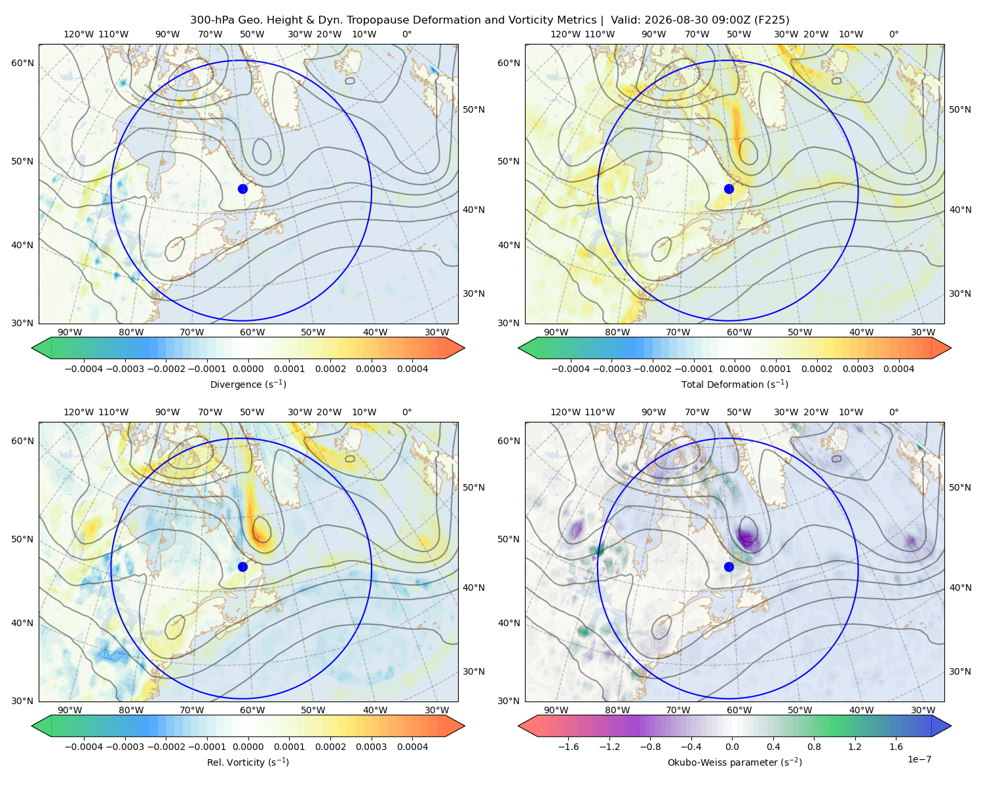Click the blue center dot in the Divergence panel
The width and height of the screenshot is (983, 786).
point(242,189)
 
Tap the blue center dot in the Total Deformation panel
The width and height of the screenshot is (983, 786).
point(729,189)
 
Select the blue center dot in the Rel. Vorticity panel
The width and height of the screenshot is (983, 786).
point(242,567)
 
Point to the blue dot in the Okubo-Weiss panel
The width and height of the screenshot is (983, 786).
point(729,567)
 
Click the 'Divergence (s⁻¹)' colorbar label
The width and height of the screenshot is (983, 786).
point(248,384)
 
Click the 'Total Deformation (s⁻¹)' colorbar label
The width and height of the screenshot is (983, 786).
point(735,384)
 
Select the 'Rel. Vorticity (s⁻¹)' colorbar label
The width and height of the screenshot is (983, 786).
point(248,762)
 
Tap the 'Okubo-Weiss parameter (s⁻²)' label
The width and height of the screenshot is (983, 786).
point(735,762)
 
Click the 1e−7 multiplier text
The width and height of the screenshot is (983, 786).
point(919,759)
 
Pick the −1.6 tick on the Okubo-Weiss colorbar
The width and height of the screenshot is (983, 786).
point(569,747)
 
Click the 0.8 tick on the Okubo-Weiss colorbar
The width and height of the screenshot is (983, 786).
point(814,747)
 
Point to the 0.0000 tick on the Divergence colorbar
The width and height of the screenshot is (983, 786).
point(248,369)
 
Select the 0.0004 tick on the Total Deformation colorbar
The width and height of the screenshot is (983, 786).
point(898,369)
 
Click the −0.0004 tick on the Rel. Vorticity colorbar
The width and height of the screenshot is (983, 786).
point(84,747)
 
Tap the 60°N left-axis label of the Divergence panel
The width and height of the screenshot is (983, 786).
point(22,63)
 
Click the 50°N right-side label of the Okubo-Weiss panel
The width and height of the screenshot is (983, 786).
point(960,487)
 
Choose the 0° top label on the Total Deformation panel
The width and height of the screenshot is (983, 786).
point(893,34)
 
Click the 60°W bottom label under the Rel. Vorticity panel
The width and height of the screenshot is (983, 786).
point(252,710)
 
